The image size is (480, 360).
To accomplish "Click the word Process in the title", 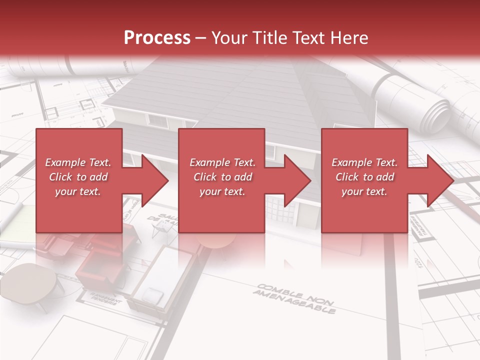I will click(x=157, y=38).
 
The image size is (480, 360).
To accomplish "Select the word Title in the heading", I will click(x=270, y=38).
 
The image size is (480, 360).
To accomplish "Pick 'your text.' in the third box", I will click(x=364, y=191).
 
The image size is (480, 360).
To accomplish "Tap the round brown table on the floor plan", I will click(x=32, y=282).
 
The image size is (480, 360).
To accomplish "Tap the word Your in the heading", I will click(x=229, y=38).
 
